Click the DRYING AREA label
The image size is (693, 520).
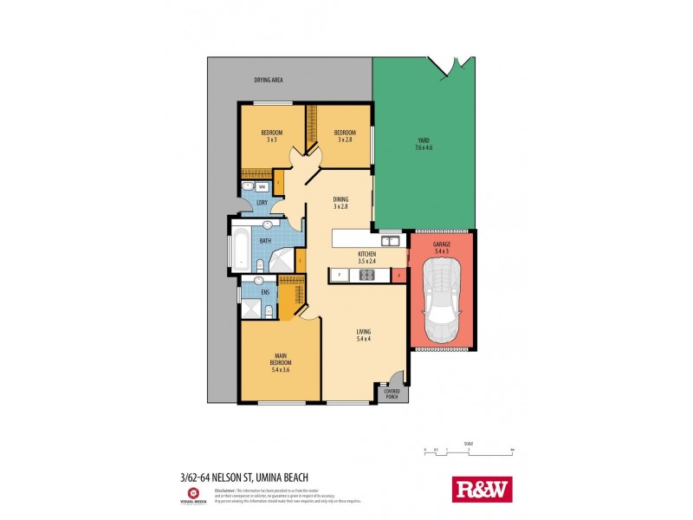269,80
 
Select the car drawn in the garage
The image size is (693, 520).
442,304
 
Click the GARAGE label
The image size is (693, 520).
441,244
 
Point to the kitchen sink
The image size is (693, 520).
390,241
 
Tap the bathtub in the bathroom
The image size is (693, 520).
238,250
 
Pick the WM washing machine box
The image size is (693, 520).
261,186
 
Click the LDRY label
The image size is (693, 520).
262,203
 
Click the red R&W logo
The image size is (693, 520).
483,490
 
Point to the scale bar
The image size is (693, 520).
469,452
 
